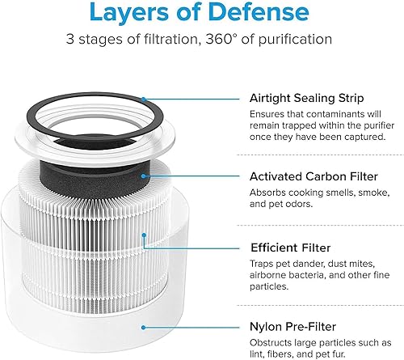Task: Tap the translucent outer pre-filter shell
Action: coord(89,324)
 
